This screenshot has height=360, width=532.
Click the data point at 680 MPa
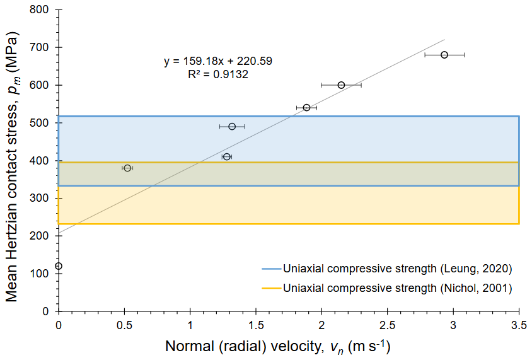point(444,55)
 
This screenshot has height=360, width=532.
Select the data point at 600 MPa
point(341,85)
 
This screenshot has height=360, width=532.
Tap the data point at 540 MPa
point(306,108)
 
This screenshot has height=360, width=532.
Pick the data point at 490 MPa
point(232,126)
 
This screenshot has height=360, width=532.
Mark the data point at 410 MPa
point(227,156)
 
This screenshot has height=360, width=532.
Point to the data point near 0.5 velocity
point(127,168)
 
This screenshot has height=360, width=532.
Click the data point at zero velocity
point(59,266)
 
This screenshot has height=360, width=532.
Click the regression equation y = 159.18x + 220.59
point(218,62)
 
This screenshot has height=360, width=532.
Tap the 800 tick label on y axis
point(43,10)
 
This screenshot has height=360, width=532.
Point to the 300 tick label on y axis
point(43,198)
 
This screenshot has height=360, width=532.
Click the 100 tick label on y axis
point(43,274)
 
